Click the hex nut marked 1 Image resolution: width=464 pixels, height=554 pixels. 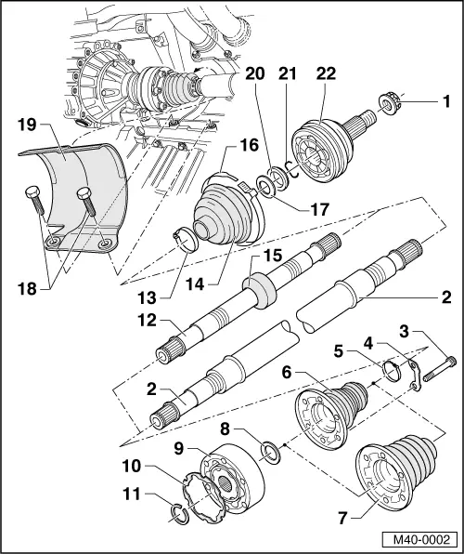389,99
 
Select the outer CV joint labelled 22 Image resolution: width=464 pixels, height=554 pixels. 319,151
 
